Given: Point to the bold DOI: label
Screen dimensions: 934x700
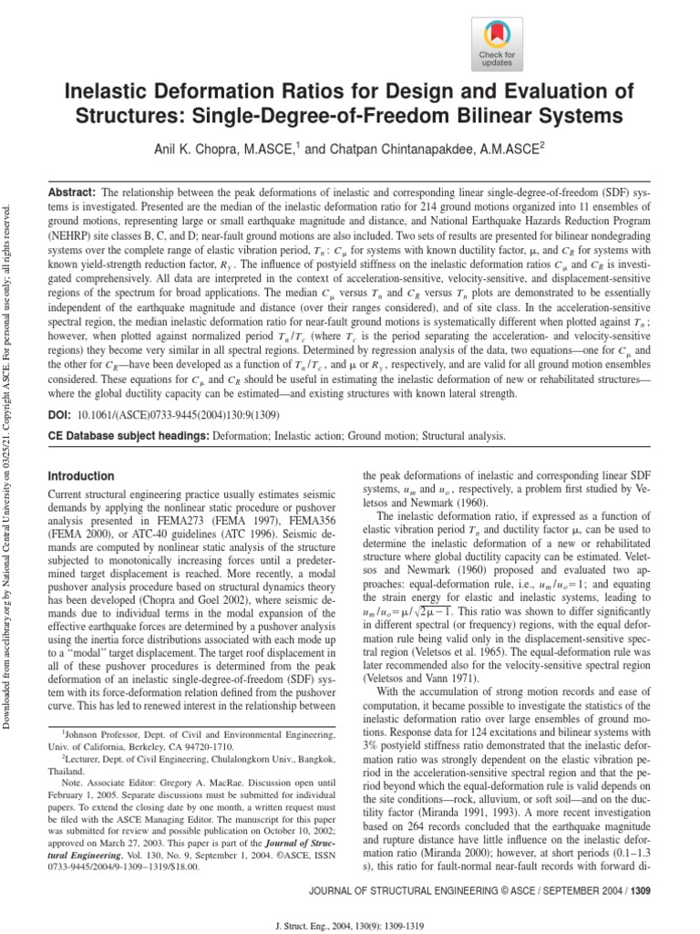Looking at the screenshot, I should (x=62, y=415).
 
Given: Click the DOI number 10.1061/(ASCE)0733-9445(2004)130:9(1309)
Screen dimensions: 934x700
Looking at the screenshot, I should (x=182, y=415).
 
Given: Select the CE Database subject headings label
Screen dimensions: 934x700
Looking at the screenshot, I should (x=128, y=436).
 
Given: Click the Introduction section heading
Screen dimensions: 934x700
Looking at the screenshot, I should (x=81, y=476).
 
